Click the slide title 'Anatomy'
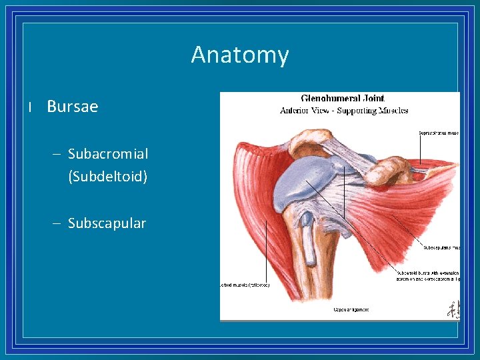pyautogui.click(x=240, y=55)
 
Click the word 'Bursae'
pyautogui.click(x=72, y=107)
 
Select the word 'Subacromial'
pyautogui.click(x=108, y=154)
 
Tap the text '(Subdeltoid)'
pyautogui.click(x=108, y=177)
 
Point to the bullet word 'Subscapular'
pyautogui.click(x=107, y=223)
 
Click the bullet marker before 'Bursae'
pyautogui.click(x=31, y=107)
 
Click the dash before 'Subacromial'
pyautogui.click(x=57, y=155)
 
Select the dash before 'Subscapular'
pyautogui.click(x=57, y=224)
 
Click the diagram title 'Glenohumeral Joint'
pyautogui.click(x=343, y=99)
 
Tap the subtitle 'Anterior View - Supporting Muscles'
pyautogui.click(x=343, y=111)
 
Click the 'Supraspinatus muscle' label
pyautogui.click(x=439, y=133)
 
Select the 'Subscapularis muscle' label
pyautogui.click(x=441, y=247)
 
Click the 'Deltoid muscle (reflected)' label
pyautogui.click(x=245, y=285)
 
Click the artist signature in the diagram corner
pyautogui.click(x=453, y=309)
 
